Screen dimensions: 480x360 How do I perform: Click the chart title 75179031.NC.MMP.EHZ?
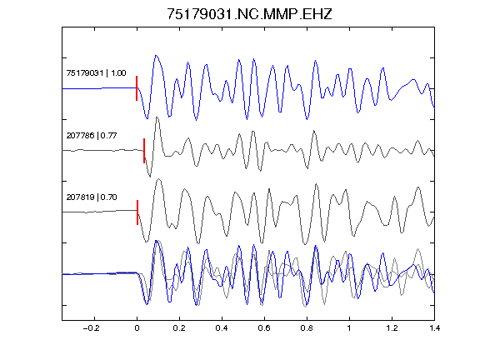(249, 14)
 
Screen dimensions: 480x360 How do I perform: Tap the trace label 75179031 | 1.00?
(96, 73)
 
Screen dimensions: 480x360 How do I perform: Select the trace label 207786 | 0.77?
(92, 135)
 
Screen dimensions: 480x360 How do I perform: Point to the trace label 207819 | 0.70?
(92, 197)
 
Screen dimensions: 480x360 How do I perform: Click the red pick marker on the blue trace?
(137, 88)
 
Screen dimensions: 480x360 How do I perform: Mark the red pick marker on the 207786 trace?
(144, 151)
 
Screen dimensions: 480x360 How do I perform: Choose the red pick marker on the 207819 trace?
(137, 212)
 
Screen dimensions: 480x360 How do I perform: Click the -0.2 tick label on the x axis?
(91, 328)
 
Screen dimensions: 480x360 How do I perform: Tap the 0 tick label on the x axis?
(137, 328)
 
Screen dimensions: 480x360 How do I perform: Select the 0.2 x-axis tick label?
(179, 328)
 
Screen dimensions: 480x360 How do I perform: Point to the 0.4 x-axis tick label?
(222, 328)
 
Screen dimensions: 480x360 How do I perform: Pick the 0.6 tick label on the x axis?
(264, 328)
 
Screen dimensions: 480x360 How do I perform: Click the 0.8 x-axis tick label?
(307, 328)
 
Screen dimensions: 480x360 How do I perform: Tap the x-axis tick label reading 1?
(349, 328)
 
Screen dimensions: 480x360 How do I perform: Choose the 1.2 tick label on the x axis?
(392, 328)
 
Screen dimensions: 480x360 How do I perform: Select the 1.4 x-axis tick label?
(434, 328)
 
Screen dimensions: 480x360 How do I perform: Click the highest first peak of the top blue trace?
(156, 56)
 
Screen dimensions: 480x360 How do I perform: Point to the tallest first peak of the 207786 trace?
(157, 117)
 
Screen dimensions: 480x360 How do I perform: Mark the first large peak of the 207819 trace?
(159, 179)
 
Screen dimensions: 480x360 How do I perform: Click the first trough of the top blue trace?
(147, 118)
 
